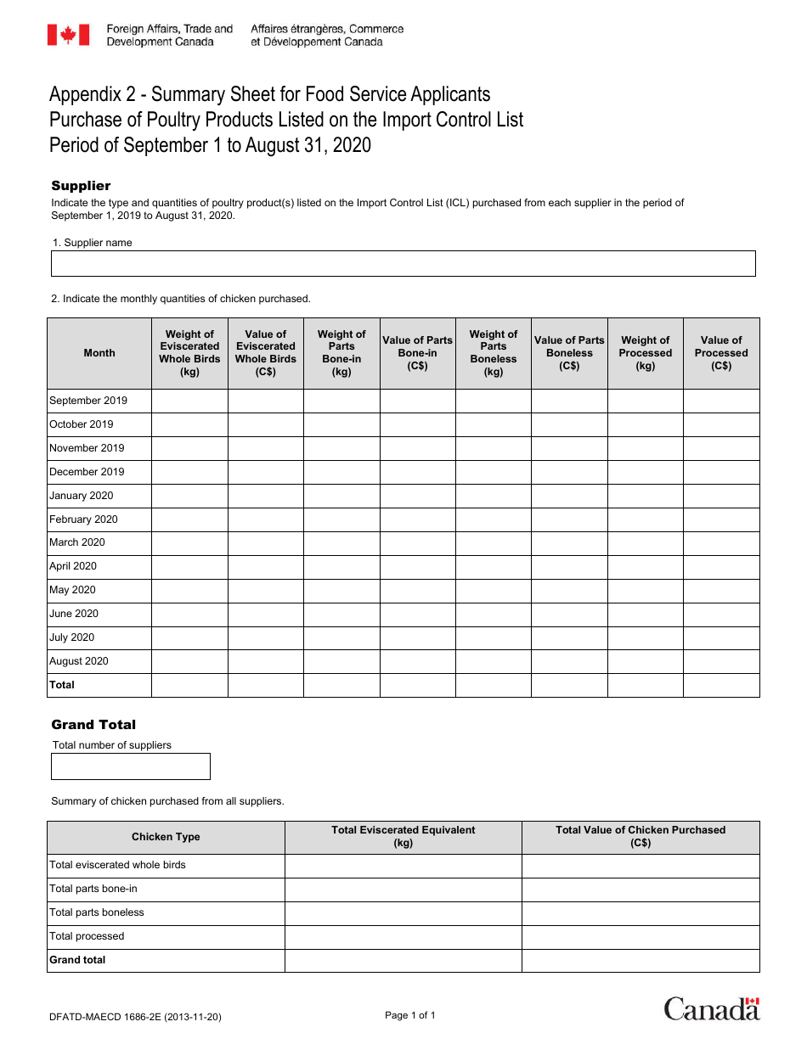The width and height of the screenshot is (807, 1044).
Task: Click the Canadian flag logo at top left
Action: point(68,35)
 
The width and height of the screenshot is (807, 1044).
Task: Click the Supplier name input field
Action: point(403,263)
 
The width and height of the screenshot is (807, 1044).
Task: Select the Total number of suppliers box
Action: point(130,766)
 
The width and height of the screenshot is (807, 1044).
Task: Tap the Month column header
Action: point(99,353)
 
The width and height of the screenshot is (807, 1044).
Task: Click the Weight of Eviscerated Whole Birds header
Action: point(189,353)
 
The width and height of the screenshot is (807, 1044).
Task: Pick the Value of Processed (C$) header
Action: point(721,353)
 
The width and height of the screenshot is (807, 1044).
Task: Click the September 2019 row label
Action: point(88,401)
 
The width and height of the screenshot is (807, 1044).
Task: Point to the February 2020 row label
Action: point(83,519)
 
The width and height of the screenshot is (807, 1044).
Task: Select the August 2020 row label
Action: point(79,661)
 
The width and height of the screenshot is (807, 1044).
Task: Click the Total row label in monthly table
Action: point(62,685)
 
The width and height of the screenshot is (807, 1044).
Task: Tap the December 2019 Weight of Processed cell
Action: point(645,472)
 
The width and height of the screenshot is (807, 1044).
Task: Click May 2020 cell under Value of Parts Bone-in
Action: point(417,590)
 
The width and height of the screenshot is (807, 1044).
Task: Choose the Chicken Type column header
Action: point(166,837)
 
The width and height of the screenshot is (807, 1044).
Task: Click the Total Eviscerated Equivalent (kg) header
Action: point(403,837)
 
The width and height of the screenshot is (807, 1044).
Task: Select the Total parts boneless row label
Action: point(97,912)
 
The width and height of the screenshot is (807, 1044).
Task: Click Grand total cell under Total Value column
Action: point(641,960)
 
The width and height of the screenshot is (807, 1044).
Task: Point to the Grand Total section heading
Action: point(93,725)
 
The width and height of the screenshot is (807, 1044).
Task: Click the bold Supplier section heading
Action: point(81,186)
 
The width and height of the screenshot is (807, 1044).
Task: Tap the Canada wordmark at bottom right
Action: point(712,1008)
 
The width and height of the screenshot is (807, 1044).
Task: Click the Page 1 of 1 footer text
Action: point(410,1015)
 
